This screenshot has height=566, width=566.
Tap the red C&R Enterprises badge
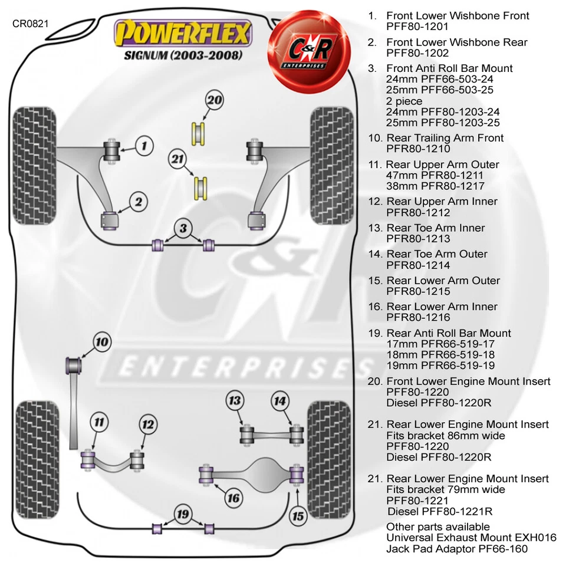[x=305, y=47]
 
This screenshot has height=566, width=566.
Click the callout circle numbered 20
[x=215, y=101]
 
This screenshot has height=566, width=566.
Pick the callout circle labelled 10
[x=102, y=342]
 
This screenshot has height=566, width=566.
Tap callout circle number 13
[x=235, y=402]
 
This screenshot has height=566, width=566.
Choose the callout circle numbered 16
[x=233, y=498]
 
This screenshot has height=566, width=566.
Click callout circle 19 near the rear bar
[x=183, y=514]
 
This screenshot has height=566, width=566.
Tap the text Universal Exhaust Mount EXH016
[x=471, y=538]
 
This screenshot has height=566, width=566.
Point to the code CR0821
[x=31, y=24]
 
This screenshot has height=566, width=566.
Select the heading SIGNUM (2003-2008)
[x=183, y=56]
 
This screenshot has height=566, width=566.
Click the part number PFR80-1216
[x=418, y=318]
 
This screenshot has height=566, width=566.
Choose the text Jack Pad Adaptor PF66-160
[x=457, y=549]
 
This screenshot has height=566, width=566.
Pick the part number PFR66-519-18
[x=440, y=355]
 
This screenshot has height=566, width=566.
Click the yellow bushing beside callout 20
[x=199, y=133]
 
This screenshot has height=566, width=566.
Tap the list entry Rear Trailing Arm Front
[x=445, y=138]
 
